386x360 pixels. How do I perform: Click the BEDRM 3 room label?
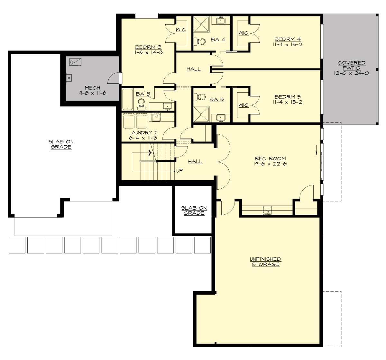point(148,47)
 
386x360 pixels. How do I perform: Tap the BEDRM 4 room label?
point(288,40)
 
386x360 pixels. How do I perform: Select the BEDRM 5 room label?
point(288,97)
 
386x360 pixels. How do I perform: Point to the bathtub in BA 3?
point(128,99)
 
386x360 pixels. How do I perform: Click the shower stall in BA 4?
point(201,24)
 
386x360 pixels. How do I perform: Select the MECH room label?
point(92,88)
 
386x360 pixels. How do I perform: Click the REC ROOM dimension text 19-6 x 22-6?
point(270,164)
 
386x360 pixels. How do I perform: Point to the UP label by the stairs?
point(179,170)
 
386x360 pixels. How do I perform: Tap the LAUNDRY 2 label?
point(143,132)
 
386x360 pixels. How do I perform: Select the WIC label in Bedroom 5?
point(244,105)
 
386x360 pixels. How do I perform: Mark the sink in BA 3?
point(167,106)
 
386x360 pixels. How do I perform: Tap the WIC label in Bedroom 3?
point(181,30)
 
